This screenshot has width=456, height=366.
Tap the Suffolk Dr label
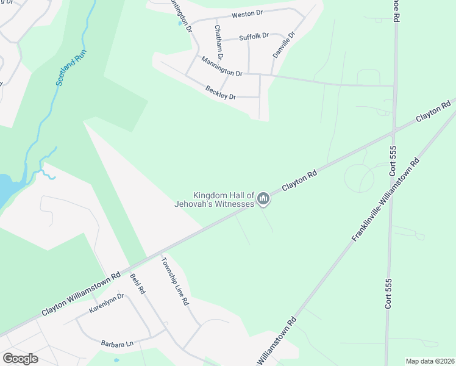254,37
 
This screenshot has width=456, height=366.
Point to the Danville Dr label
283,45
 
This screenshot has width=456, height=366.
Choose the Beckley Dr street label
221,93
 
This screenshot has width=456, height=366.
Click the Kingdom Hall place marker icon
263,198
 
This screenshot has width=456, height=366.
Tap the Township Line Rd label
175,281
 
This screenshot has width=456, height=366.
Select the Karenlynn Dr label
106,303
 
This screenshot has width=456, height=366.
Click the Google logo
20,358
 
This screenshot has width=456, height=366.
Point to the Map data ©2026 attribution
430,361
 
